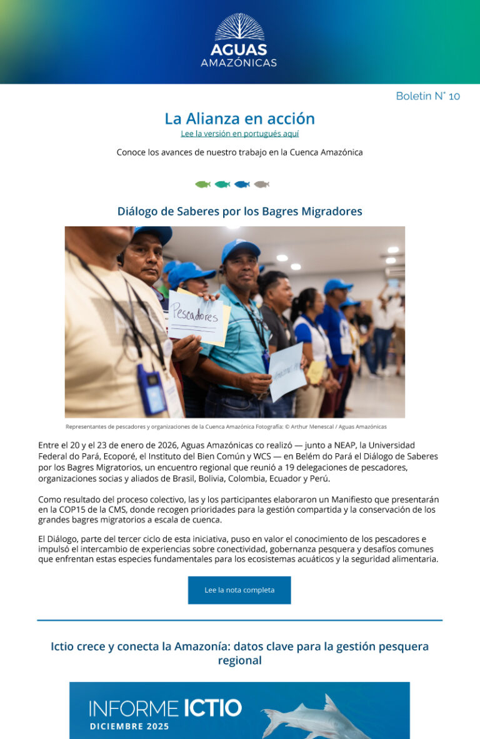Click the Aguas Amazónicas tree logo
(239, 27)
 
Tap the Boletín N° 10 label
(427, 96)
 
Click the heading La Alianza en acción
(239, 118)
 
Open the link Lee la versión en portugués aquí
(239, 134)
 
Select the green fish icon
(202, 184)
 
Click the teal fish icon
(222, 184)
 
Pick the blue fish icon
(242, 184)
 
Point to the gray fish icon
(261, 184)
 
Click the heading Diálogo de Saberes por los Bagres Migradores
(239, 211)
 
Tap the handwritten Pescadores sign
(195, 316)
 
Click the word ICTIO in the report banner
(212, 708)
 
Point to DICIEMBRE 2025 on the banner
(129, 727)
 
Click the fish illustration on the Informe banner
(319, 716)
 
